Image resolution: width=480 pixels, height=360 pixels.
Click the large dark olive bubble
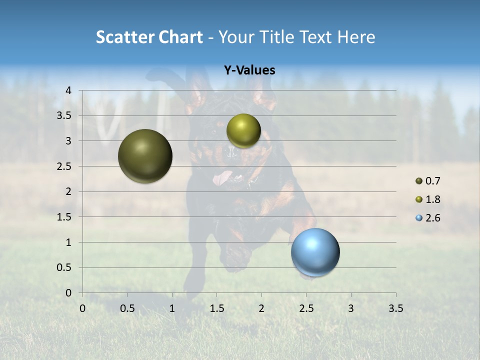145,156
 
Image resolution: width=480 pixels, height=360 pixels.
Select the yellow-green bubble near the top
243,130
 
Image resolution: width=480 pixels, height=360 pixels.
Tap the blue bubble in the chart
315,252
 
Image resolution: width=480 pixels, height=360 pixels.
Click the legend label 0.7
433,181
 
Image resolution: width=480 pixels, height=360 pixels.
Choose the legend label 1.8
433,199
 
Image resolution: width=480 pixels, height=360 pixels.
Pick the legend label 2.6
433,218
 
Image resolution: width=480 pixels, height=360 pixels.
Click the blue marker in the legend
419,218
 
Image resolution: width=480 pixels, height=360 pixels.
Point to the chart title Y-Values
249,70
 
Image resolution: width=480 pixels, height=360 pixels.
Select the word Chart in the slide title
180,37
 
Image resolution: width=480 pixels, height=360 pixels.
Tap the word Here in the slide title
355,37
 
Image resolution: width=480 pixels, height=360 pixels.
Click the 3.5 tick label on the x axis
395,308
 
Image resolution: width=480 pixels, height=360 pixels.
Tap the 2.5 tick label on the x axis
306,308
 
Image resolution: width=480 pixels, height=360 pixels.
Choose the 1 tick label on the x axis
172,308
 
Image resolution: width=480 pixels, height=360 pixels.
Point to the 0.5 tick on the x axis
127,308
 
